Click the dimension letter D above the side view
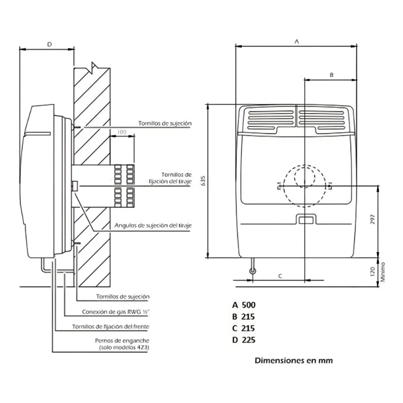[x=49, y=44]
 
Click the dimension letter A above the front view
[x=297, y=41]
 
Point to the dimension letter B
[x=331, y=75]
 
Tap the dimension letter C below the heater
[x=280, y=276]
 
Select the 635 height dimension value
[x=203, y=181]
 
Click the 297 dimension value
[x=373, y=219]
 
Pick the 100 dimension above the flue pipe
[x=122, y=132]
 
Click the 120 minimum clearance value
[x=373, y=272]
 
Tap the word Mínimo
[x=383, y=272]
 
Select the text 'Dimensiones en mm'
[x=294, y=360]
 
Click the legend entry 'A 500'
[x=244, y=305]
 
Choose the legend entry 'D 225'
[x=244, y=340]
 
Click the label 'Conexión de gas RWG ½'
[x=116, y=312]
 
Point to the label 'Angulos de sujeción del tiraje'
[x=153, y=225]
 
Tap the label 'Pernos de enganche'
[x=122, y=341]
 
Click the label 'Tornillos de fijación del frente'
[x=110, y=326]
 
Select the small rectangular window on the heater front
[x=305, y=220]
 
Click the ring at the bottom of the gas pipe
[x=253, y=271]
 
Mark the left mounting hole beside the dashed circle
[x=280, y=185]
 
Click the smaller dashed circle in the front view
[x=295, y=177]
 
